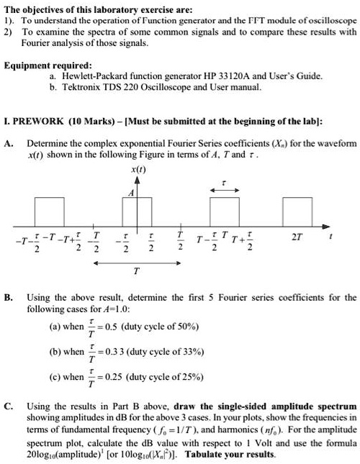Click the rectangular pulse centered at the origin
[x=137, y=211]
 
